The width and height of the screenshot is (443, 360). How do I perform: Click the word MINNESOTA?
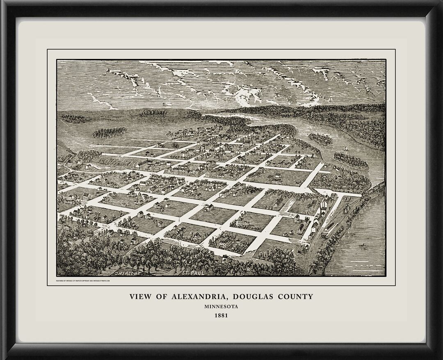pos(221,306)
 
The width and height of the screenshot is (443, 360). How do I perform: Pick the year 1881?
pos(221,316)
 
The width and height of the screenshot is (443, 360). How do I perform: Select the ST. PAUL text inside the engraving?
pos(192,271)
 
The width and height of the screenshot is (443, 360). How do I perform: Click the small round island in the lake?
pos(320,138)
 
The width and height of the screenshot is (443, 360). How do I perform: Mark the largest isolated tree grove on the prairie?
pos(110,132)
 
